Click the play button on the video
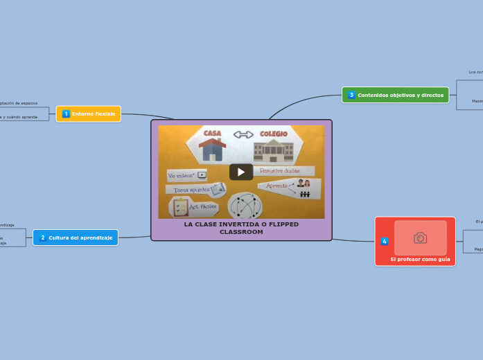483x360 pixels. click(241, 172)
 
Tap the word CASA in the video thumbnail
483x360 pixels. click(212, 134)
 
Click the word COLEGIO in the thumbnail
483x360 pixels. click(273, 134)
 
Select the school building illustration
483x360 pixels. click(273, 150)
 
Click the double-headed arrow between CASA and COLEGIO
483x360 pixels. click(243, 134)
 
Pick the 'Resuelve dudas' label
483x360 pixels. click(283, 170)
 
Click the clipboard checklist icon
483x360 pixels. click(181, 207)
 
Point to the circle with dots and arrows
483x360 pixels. click(245, 206)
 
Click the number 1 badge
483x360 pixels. click(66, 114)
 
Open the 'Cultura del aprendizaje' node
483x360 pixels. click(76, 237)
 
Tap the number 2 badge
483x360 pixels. click(42, 237)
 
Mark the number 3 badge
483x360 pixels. click(351, 95)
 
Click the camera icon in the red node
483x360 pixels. click(421, 237)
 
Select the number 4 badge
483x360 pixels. click(385, 241)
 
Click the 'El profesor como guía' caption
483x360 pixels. click(420, 259)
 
